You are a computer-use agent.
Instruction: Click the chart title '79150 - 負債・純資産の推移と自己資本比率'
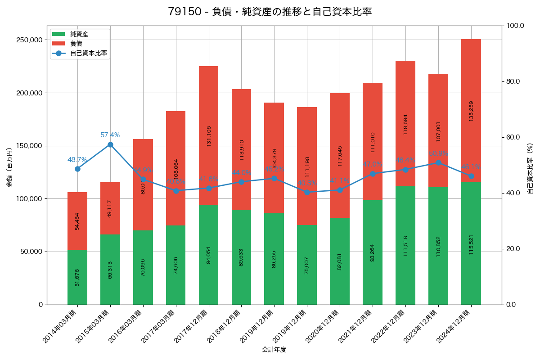270,12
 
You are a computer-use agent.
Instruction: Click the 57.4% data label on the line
110,135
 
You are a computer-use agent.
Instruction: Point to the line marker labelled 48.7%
77,169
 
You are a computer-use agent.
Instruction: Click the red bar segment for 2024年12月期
471,111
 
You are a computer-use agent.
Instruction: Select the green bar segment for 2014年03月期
77,277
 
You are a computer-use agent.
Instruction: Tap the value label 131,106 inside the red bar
209,136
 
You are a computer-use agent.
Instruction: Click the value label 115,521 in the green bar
471,244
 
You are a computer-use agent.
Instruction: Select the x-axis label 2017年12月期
191,326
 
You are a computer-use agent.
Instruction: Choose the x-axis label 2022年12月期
388,326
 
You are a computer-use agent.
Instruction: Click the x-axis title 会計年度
274,350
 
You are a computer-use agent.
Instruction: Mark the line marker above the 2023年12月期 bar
438,162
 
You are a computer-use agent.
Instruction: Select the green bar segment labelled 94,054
209,255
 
